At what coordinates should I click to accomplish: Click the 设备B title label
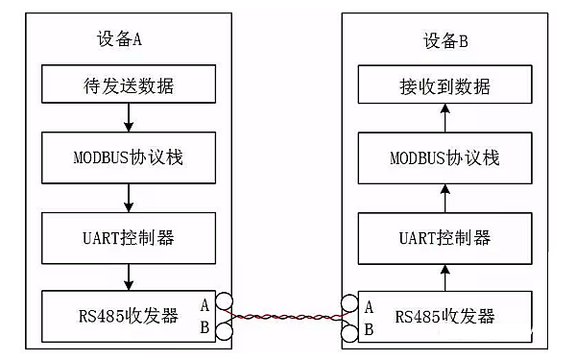tap(445, 41)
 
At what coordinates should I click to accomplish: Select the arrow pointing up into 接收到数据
tap(444, 120)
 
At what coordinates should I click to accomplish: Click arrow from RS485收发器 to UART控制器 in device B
tap(444, 276)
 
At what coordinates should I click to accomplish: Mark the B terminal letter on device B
tap(369, 329)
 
